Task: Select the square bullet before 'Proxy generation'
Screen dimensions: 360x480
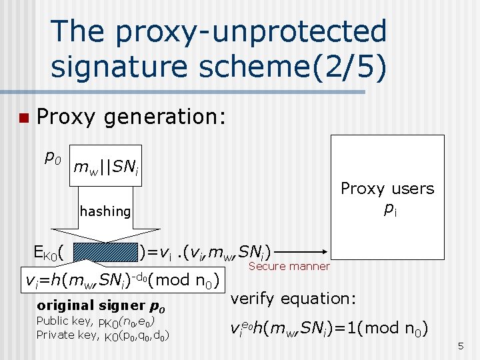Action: [x=22, y=119]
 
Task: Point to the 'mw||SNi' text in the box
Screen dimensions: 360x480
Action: [x=106, y=166]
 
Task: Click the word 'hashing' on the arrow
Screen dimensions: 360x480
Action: [x=105, y=211]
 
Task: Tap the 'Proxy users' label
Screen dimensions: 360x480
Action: [x=387, y=189]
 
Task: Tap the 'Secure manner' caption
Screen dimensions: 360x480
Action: [x=289, y=267]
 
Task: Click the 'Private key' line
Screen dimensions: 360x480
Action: [x=102, y=335]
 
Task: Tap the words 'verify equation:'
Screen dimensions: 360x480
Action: [x=290, y=298]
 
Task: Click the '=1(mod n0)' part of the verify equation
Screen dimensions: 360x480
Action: [x=383, y=327]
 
